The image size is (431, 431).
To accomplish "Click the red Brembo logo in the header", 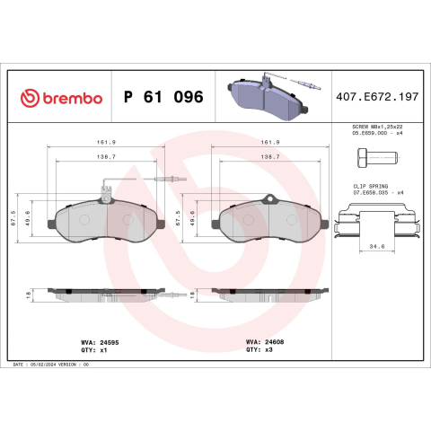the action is tap(61, 98).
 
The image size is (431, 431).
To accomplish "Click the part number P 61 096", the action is tap(163, 97).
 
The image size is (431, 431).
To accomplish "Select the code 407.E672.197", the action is tap(377, 97).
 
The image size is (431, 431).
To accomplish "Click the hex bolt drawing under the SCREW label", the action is tap(377, 157).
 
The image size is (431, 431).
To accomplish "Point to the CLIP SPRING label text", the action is tap(371, 186).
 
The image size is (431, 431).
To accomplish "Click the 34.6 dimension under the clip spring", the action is tap(377, 246).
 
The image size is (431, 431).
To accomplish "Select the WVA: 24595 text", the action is tap(100, 342).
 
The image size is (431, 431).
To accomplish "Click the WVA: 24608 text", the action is tap(265, 342).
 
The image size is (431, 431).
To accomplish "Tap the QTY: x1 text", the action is tap(94, 350).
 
